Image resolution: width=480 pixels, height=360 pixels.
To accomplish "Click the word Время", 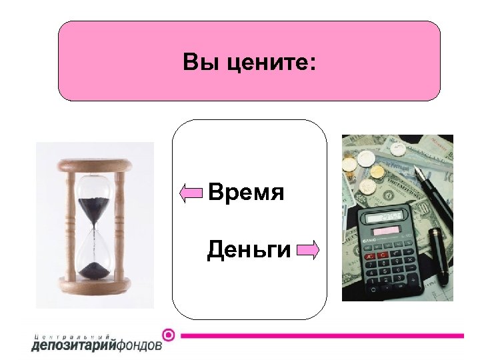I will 246,193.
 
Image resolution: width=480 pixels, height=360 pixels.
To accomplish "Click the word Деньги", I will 248,250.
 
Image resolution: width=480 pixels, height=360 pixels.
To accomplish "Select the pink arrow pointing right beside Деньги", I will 307,251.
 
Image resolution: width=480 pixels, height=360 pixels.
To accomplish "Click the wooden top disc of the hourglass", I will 94,163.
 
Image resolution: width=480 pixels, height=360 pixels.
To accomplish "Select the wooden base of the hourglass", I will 94,287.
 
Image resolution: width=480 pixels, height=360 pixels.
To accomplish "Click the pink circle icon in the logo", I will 169,335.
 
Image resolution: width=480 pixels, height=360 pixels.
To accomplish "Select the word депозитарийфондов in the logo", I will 96,345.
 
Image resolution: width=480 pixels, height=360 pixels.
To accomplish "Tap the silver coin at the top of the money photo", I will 366,158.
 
